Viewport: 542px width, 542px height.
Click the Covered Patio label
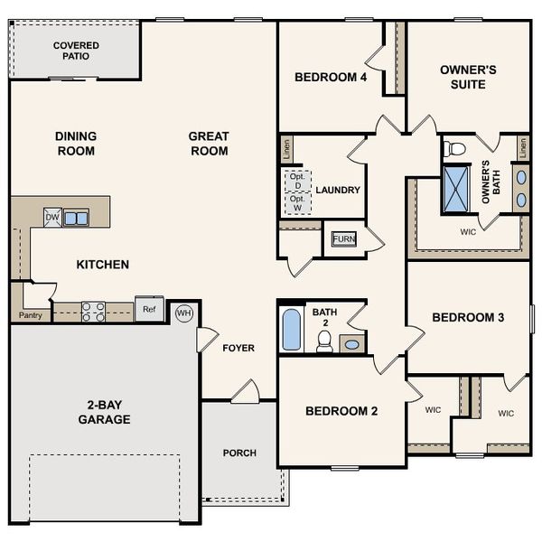(x=76, y=51)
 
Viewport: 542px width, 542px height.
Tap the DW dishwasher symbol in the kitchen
(x=52, y=217)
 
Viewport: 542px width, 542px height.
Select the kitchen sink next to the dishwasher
(x=76, y=218)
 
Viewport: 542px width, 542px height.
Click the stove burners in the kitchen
(x=93, y=312)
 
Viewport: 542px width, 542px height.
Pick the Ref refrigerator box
(x=149, y=309)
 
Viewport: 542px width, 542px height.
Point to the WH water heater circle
(x=184, y=313)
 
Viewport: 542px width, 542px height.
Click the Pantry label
(x=30, y=315)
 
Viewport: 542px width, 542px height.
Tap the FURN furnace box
(x=344, y=238)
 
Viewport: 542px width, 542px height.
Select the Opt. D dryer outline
(x=298, y=181)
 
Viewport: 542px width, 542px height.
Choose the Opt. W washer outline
(x=298, y=203)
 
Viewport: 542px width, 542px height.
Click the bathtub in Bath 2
(x=292, y=331)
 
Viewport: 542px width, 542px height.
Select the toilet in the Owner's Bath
(x=456, y=148)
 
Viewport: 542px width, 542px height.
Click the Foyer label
(x=238, y=348)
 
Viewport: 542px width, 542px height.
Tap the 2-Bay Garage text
(x=104, y=413)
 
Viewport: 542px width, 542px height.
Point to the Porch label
(x=239, y=453)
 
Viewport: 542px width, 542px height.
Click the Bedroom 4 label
(x=331, y=78)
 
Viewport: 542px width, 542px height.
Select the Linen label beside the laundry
(x=286, y=148)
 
